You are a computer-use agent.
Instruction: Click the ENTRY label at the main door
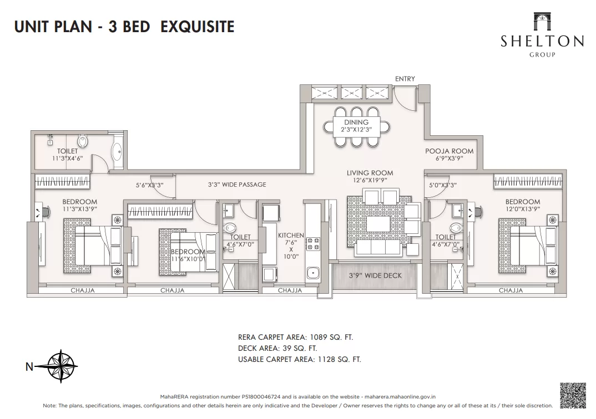point(405,79)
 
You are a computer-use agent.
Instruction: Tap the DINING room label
point(356,122)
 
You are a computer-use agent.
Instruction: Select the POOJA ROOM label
point(449,151)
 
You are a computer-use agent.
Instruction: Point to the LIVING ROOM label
point(370,173)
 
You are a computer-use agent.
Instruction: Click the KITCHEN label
point(291,236)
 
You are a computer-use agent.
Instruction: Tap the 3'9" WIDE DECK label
point(375,275)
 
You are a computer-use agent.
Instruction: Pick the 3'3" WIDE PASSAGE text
point(237,185)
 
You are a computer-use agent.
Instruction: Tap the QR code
point(573,395)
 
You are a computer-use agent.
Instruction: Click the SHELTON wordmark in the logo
point(542,41)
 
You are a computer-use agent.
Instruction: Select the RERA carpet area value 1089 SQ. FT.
point(331,337)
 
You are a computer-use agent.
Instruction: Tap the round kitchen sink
point(313,272)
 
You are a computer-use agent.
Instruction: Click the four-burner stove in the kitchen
point(313,244)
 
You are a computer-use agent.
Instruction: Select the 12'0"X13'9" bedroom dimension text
point(522,209)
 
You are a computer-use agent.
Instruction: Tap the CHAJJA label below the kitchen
point(290,290)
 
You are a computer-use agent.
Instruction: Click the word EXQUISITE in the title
point(197,27)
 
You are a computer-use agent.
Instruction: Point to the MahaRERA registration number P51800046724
point(261,397)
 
